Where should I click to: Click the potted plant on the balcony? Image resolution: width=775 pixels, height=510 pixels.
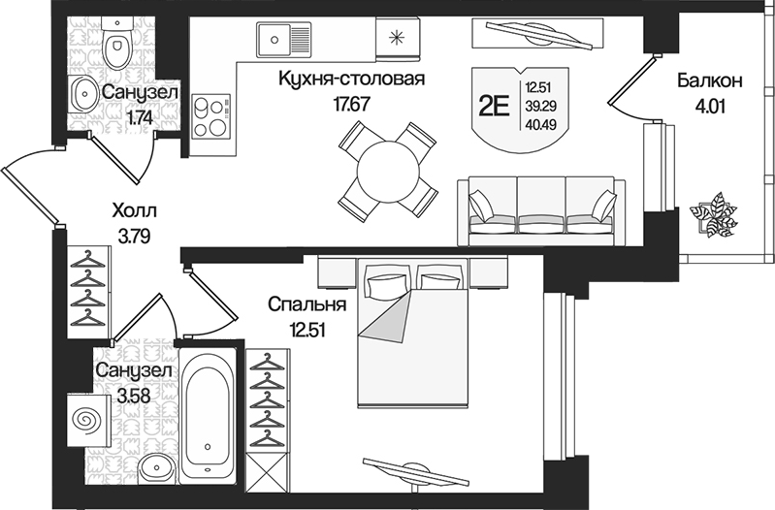(x=715, y=215)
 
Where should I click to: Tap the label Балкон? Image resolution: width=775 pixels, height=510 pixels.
(x=709, y=81)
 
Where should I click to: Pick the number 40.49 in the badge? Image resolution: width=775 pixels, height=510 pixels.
(x=540, y=122)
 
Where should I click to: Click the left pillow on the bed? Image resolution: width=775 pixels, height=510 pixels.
(x=386, y=283)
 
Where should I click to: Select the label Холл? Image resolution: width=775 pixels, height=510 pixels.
(x=133, y=210)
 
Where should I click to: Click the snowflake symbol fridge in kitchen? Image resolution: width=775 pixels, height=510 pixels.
(x=395, y=39)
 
